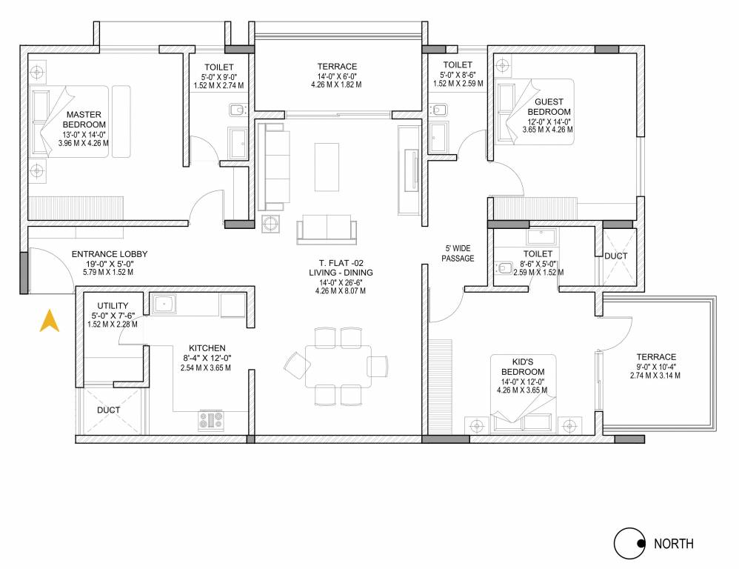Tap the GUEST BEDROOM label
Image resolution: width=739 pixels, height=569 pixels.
[x=549, y=107]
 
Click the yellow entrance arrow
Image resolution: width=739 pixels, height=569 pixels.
[x=49, y=321]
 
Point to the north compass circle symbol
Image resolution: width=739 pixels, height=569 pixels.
[x=628, y=544]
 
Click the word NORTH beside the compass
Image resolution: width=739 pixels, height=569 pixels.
[x=673, y=544]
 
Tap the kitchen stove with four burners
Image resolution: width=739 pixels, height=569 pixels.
[x=210, y=420]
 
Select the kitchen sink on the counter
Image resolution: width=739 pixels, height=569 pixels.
[x=162, y=302]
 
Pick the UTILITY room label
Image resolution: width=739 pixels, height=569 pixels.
[x=113, y=305]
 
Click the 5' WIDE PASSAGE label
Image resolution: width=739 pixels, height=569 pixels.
[x=458, y=253]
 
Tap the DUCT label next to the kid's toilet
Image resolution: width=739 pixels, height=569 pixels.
[x=615, y=256]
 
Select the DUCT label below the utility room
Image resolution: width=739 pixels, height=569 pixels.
[x=108, y=410]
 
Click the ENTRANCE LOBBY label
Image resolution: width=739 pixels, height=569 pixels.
[x=109, y=254]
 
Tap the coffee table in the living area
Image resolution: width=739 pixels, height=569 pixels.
[x=328, y=166]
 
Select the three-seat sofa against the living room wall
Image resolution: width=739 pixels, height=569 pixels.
[x=271, y=167]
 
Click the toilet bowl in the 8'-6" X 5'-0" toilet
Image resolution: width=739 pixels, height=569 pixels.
[x=506, y=268]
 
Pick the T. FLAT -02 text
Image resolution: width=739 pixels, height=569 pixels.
[x=341, y=262]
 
